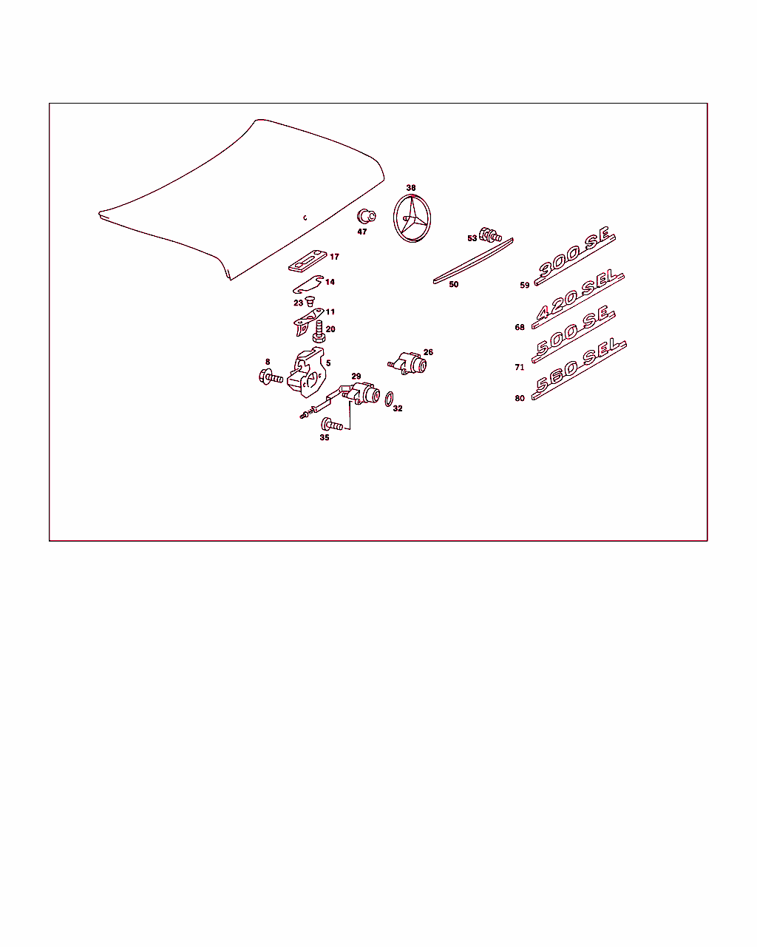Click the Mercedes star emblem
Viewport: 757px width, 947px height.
(x=412, y=218)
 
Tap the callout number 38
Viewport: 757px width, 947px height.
(x=411, y=188)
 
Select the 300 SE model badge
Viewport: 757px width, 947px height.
(x=574, y=256)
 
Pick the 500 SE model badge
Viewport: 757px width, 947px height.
(x=573, y=334)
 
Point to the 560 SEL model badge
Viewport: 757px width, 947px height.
(x=578, y=370)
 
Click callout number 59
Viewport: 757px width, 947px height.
(x=524, y=285)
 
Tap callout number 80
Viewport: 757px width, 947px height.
(x=520, y=398)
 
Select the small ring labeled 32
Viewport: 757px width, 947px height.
(x=389, y=399)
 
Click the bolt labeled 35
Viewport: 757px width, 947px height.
(x=332, y=425)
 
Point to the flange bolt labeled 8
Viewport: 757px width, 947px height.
(x=271, y=377)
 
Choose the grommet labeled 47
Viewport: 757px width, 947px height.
(x=366, y=217)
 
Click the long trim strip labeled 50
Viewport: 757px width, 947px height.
(x=473, y=261)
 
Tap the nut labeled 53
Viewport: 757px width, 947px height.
(x=490, y=235)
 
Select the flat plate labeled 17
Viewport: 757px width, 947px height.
(x=308, y=261)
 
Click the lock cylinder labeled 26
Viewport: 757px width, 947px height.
(x=407, y=363)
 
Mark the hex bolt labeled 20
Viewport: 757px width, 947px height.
(x=319, y=331)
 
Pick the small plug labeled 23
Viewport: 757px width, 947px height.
(x=310, y=301)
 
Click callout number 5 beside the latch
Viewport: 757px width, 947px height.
(x=328, y=363)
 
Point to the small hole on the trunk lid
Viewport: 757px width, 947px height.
(x=305, y=218)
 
